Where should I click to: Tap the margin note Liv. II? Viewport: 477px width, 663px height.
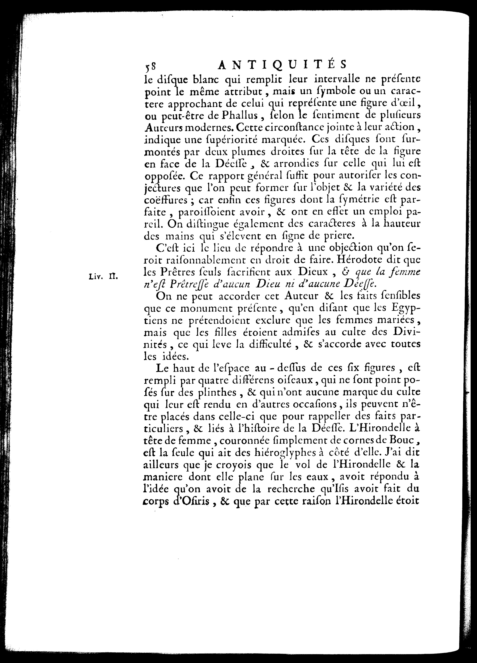click(x=103, y=276)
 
